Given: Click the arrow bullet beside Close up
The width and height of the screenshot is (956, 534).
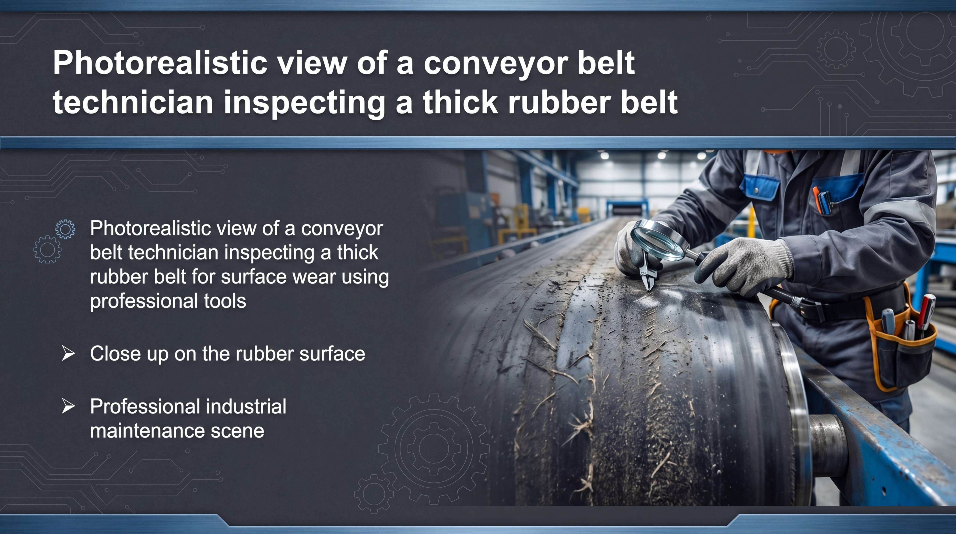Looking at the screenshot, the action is (x=68, y=353).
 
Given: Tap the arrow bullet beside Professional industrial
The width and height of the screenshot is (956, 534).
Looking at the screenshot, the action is (x=68, y=406).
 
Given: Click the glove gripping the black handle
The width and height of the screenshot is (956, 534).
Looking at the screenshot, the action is (x=746, y=266).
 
